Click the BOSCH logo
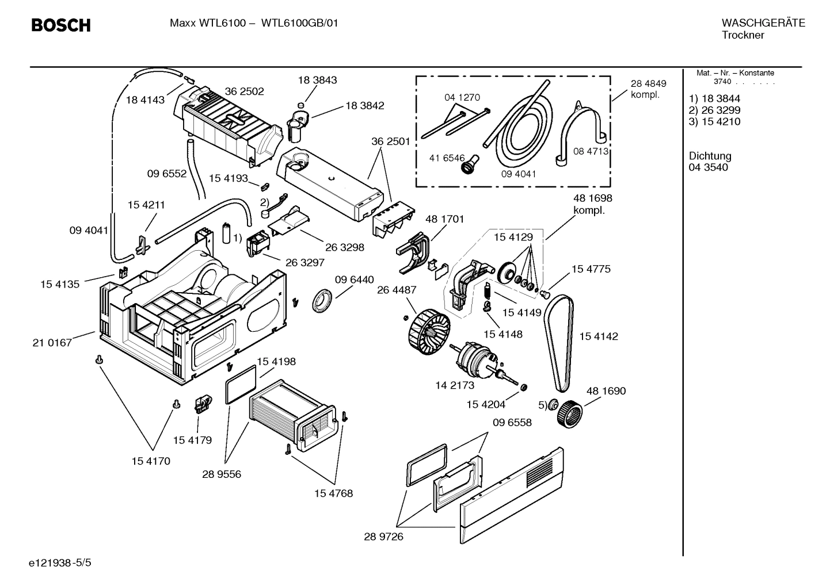(60, 26)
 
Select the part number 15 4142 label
(598, 336)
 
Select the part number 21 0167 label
(52, 343)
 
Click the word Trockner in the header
(743, 35)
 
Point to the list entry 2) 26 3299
(714, 110)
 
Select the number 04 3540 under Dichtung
(708, 167)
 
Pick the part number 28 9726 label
(383, 537)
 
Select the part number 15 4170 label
(151, 461)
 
